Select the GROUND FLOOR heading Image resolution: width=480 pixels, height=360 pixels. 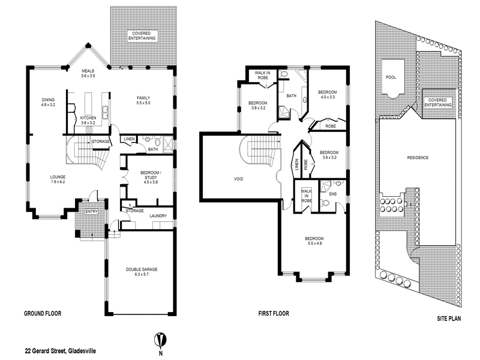(43, 314)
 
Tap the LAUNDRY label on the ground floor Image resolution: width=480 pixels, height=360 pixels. (158, 216)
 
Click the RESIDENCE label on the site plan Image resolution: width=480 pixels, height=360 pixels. (418, 158)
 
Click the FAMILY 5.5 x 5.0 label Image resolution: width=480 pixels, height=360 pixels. (143, 100)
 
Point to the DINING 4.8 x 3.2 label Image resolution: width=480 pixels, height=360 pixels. (48, 103)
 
